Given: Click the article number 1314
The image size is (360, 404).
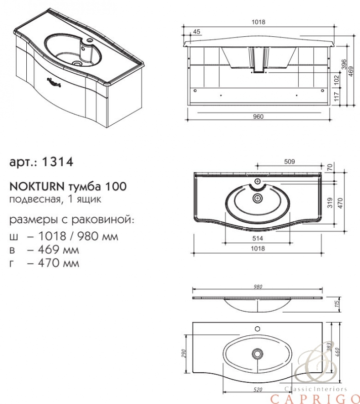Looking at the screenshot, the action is (57, 162).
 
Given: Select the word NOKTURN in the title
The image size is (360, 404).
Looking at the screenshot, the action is (36, 186).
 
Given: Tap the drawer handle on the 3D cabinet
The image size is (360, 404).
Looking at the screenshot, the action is (54, 82).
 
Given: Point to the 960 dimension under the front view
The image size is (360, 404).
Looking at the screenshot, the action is (258, 117).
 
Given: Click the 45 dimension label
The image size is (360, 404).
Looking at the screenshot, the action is (197, 32).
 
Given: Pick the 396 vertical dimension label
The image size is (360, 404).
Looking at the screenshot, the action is (343, 64).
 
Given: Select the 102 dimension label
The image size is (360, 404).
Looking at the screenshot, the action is (337, 80).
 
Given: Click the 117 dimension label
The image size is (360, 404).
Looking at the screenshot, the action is (337, 97).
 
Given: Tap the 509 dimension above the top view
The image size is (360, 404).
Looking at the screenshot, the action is (289, 162).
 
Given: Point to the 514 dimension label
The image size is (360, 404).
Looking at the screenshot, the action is (258, 238).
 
